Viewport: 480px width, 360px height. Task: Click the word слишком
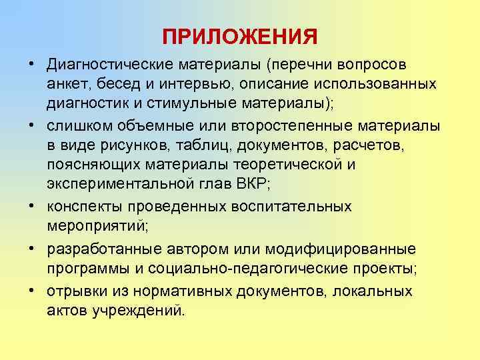point(77,127)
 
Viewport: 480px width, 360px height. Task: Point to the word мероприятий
point(95,225)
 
